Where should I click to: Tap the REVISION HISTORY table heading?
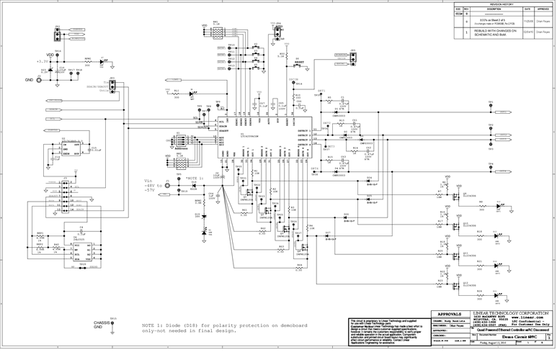[502, 4]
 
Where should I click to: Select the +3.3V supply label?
[43, 62]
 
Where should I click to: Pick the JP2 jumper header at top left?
[58, 34]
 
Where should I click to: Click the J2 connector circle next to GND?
[39, 79]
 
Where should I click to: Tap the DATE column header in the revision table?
[527, 9]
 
